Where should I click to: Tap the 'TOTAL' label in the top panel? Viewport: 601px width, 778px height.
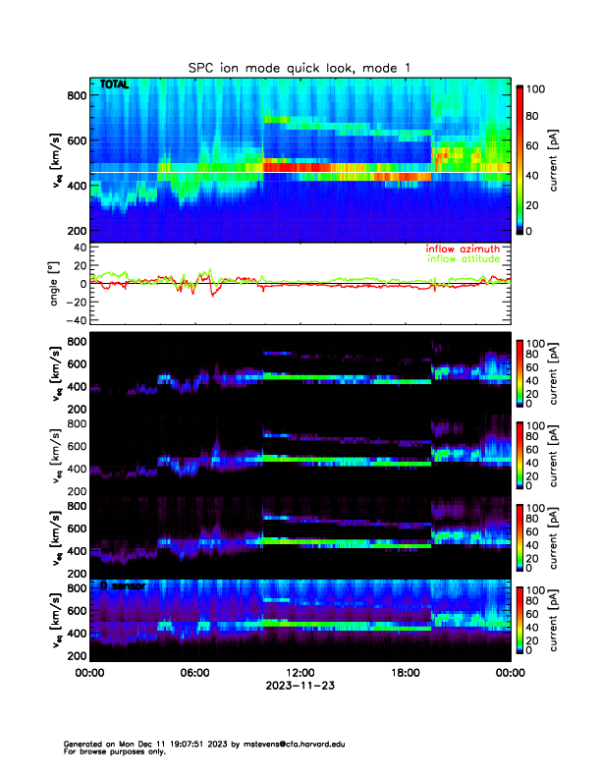[115, 85]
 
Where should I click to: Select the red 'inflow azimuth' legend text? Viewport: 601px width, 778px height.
[461, 249]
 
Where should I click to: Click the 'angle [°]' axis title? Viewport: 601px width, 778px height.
[57, 284]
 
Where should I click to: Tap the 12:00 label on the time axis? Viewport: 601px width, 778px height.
[300, 674]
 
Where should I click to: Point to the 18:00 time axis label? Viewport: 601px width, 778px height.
[405, 674]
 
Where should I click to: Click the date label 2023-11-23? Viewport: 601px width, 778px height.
[300, 687]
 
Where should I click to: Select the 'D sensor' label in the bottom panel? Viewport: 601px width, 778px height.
[122, 585]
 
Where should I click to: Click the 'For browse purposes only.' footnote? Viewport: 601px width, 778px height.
[114, 751]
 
